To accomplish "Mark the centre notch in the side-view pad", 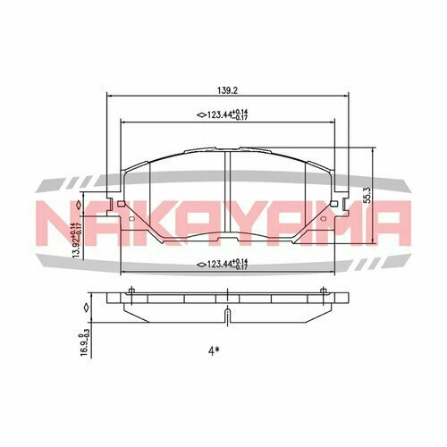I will pyautogui.click(x=225, y=313).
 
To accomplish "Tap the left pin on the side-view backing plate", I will pyautogui.click(x=131, y=290).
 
